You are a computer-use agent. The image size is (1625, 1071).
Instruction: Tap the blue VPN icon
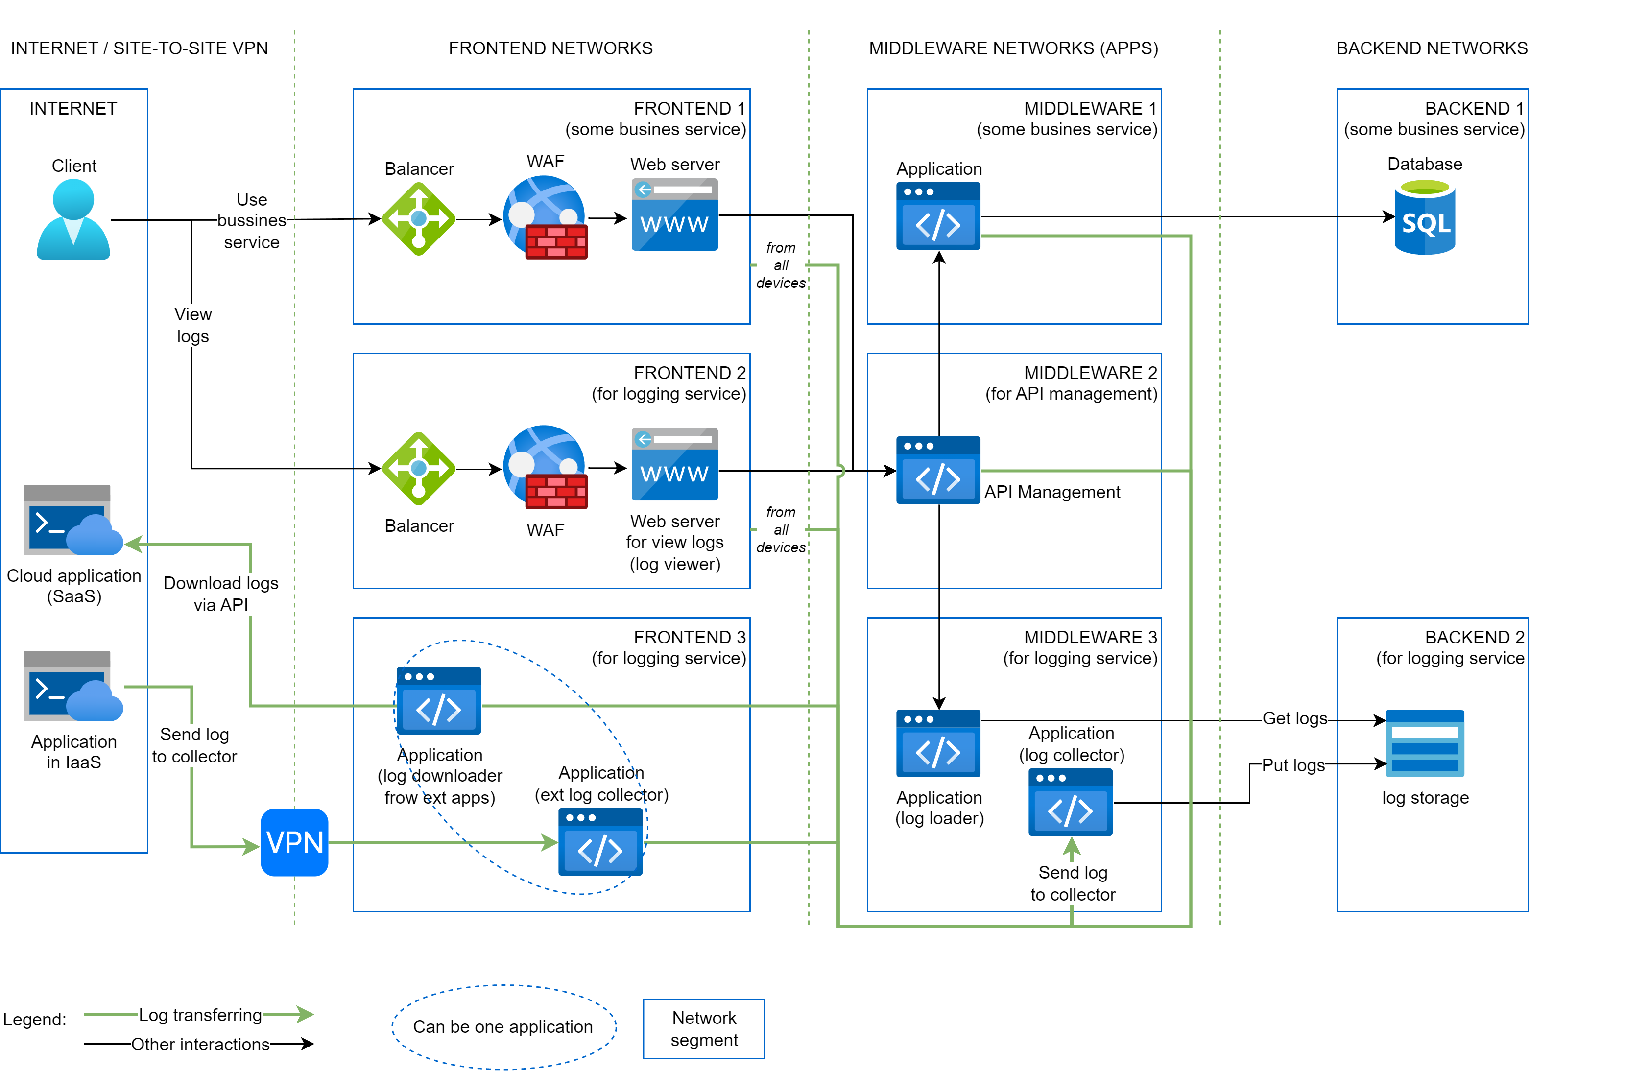294,842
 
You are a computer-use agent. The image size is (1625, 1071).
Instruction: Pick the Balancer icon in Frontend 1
418,218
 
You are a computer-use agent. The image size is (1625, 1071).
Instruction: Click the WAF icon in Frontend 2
545,468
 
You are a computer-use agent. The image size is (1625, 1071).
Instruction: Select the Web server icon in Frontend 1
674,214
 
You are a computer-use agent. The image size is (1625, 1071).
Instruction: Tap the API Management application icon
938,470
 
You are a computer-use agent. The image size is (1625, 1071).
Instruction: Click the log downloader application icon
438,701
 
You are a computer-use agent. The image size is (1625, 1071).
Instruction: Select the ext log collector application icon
600,841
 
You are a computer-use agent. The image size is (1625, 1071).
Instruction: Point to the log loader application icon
938,743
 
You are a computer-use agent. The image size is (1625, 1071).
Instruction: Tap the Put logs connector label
1292,765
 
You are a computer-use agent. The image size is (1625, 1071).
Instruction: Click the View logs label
192,325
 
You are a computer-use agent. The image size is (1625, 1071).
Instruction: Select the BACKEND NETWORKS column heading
1431,48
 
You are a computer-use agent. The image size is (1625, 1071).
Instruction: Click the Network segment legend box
704,1029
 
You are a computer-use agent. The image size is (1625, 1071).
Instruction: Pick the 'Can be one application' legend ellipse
503,1026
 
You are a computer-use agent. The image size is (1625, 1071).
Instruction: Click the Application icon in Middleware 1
938,216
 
